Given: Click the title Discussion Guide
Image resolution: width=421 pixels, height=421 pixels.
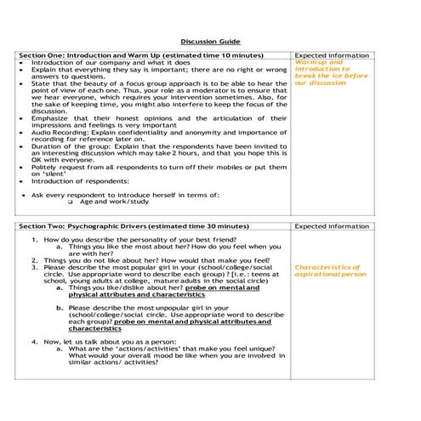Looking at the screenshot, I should [x=210, y=41].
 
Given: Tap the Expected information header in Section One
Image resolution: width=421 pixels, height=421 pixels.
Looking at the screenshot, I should [x=332, y=55].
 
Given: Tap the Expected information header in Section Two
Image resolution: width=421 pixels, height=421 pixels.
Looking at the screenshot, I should [x=332, y=227].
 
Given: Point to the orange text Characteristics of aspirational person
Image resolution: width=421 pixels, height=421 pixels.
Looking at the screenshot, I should [x=328, y=271].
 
